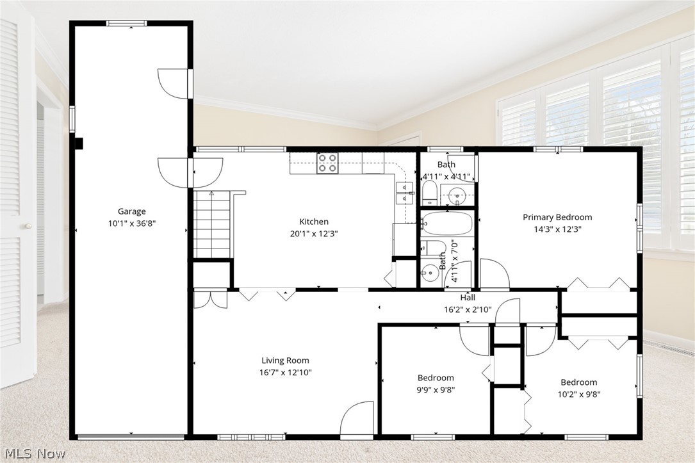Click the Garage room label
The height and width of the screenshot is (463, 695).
pos(131,211)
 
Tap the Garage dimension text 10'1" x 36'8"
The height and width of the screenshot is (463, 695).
pos(131,223)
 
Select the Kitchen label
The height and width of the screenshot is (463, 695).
pos(314,222)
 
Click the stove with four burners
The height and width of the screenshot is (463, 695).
pos(328,163)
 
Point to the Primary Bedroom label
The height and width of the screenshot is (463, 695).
pos(557,217)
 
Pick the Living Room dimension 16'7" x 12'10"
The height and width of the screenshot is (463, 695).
pos(285,372)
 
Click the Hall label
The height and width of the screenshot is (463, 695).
pos(468,298)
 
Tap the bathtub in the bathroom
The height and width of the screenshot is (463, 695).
pos(448,224)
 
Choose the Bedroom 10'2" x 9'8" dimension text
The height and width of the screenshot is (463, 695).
pos(578,394)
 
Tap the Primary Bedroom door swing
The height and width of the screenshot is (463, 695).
pos(494,273)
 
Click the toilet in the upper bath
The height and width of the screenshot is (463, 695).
pos(430,191)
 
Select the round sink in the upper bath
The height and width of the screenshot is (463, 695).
pos(457,194)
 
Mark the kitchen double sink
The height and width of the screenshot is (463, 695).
pos(405,192)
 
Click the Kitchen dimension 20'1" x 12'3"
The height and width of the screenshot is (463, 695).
pos(314,234)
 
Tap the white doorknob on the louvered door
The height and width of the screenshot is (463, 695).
pos(28,226)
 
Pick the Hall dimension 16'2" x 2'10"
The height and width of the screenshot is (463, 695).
pos(468,309)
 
